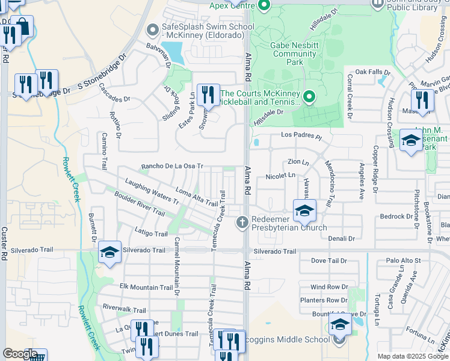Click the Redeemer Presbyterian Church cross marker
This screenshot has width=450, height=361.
click(242, 223)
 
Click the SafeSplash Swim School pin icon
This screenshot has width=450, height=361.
click(153, 28)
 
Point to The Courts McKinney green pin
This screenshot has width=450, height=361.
click(309, 96)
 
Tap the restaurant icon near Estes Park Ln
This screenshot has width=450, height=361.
click(208, 96)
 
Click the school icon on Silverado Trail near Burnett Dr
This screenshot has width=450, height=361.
click(109, 253)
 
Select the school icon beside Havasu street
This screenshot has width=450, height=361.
click(304, 211)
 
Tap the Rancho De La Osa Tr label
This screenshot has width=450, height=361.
click(172, 166)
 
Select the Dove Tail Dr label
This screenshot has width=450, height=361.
click(329, 261)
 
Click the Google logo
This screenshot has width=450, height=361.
click(20, 354)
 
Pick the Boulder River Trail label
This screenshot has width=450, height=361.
click(139, 203)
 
